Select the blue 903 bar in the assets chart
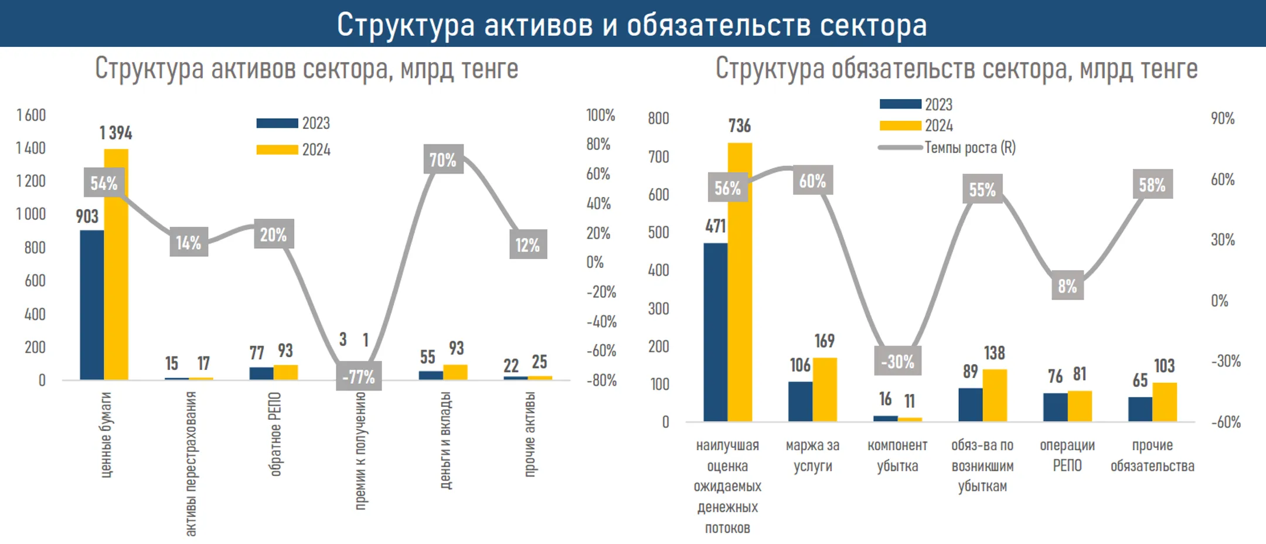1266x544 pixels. click(91, 305)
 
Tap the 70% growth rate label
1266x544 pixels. click(443, 159)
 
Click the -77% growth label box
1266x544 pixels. click(359, 376)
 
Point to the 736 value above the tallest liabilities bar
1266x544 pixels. click(739, 125)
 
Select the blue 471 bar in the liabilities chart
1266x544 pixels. click(715, 332)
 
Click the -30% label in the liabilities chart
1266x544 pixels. click(897, 361)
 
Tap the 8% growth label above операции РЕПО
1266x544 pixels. click(1067, 286)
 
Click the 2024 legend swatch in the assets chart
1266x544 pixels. click(277, 150)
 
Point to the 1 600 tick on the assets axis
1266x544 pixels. click(31, 115)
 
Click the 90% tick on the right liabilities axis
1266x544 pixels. click(1223, 118)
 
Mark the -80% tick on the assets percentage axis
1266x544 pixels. click(602, 380)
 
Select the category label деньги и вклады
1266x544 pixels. click(445, 440)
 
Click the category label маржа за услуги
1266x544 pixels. click(812, 455)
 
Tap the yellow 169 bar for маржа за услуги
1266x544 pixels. click(825, 389)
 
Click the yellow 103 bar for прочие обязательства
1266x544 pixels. click(1164, 402)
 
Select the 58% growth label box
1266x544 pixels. click(1152, 185)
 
